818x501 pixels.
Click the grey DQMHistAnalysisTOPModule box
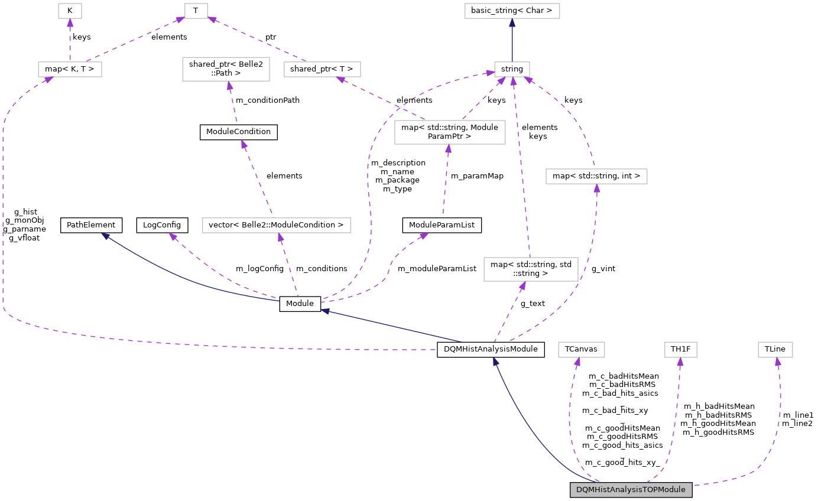click(631, 490)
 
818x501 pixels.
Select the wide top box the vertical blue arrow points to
click(512, 11)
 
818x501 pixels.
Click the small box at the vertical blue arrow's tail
click(512, 70)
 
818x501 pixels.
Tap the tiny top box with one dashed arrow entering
click(70, 11)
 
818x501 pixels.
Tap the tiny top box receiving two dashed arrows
click(196, 11)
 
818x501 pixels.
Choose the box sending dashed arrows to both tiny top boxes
click(70, 70)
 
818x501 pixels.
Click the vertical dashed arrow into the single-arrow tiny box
click(70, 41)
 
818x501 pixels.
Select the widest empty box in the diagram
click(276, 226)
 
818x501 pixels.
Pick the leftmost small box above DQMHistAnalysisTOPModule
click(581, 350)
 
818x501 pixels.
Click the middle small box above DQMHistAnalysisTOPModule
click(680, 350)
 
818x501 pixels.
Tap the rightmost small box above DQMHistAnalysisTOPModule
click(775, 350)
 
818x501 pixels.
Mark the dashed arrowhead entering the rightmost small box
click(778, 362)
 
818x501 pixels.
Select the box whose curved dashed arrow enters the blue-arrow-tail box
click(596, 177)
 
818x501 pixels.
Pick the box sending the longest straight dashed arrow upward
click(531, 269)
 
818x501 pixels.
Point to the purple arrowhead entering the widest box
click(281, 238)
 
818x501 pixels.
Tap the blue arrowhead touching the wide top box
click(512, 23)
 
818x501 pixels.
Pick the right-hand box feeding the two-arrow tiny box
click(322, 70)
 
